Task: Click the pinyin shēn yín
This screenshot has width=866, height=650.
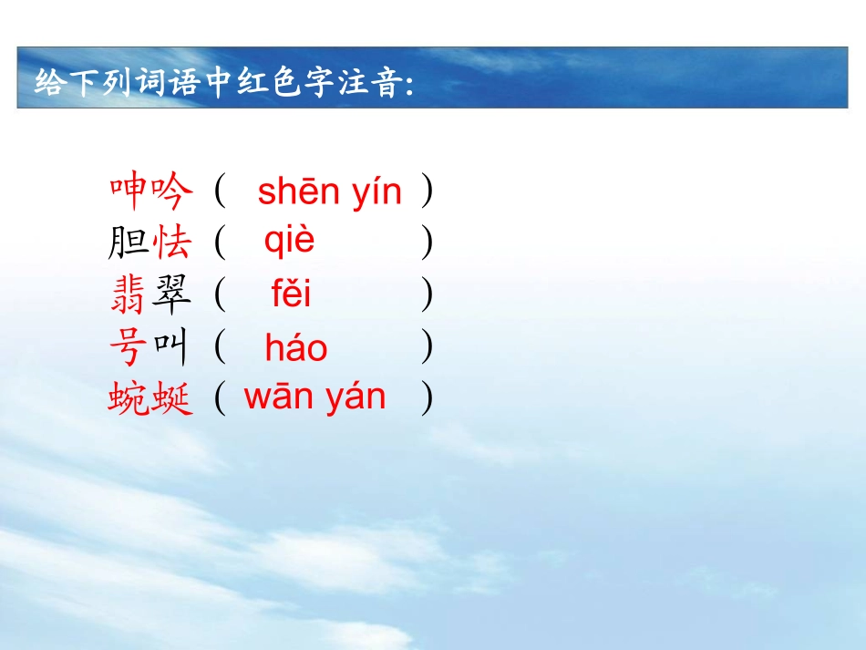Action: pos(329,192)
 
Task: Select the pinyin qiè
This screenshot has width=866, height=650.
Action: pos(289,241)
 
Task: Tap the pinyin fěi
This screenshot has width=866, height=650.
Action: pos(291,294)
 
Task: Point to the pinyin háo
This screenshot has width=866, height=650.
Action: pos(295,347)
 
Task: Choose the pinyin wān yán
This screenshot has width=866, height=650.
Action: pos(314,397)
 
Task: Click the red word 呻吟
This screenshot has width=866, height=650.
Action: pos(151,191)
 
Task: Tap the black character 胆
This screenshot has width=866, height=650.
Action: pos(128,243)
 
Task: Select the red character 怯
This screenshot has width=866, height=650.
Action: pos(173,243)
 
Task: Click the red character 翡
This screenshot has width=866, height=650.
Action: pos(128,295)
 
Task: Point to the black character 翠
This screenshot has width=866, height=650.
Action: pos(173,295)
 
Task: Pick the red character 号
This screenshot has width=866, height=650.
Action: pos(128,347)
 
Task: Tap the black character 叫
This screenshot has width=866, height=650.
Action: pos(173,347)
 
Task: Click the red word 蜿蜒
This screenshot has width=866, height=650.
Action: pos(151,399)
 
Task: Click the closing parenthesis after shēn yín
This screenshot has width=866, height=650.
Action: pos(427,191)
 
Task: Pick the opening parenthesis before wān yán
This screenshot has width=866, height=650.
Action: pos(220,399)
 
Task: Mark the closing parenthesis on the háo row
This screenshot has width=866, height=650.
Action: pos(427,347)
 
